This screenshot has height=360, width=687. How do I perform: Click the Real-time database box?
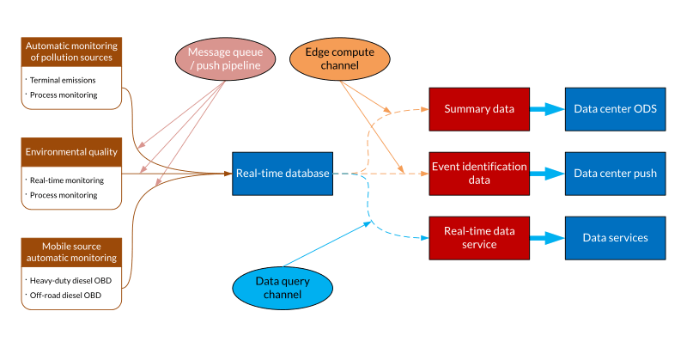pos(282,174)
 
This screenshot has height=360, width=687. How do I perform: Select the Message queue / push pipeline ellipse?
pos(225,59)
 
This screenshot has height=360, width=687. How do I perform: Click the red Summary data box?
pos(478,109)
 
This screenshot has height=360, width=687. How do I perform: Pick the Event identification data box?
pos(478,174)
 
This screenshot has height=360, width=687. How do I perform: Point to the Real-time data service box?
pos(478,238)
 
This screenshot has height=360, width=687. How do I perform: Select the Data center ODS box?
pos(615,109)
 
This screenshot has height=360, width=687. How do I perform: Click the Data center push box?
pos(615,174)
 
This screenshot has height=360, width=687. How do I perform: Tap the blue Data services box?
pos(615,238)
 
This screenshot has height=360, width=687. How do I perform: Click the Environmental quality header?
pos(71,152)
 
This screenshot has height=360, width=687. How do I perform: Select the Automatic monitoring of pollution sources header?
pos(71,51)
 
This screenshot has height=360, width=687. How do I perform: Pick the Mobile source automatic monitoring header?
pos(71,252)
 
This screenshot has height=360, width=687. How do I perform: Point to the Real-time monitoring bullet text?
pos(66,180)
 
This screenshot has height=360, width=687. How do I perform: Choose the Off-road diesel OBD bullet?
pos(64,296)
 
